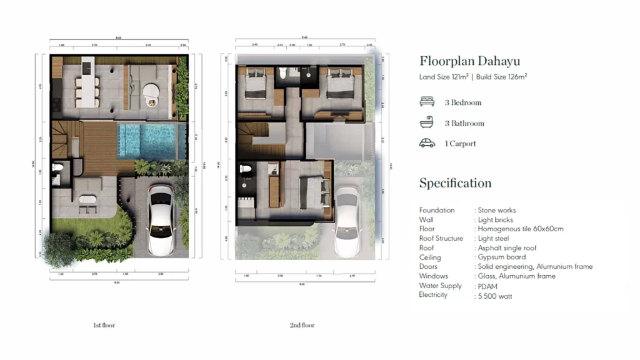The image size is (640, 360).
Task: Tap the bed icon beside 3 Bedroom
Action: click(x=427, y=102)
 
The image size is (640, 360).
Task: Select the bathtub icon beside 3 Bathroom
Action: click(x=427, y=122)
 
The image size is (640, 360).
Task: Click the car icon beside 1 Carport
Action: click(x=427, y=143)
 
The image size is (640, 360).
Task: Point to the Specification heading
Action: click(x=455, y=183)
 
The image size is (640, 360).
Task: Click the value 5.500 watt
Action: click(x=495, y=296)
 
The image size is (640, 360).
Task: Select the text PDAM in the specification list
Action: click(x=487, y=286)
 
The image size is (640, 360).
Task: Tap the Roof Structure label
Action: click(x=441, y=239)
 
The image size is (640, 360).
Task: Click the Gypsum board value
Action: click(x=502, y=257)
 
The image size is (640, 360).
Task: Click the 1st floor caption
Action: click(x=104, y=326)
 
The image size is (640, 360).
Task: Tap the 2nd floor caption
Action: click(x=302, y=326)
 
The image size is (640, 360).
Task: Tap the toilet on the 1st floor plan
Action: click(x=57, y=168)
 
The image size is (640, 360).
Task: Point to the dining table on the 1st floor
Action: click(x=86, y=89)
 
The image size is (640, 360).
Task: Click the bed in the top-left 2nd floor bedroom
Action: click(x=256, y=84)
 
